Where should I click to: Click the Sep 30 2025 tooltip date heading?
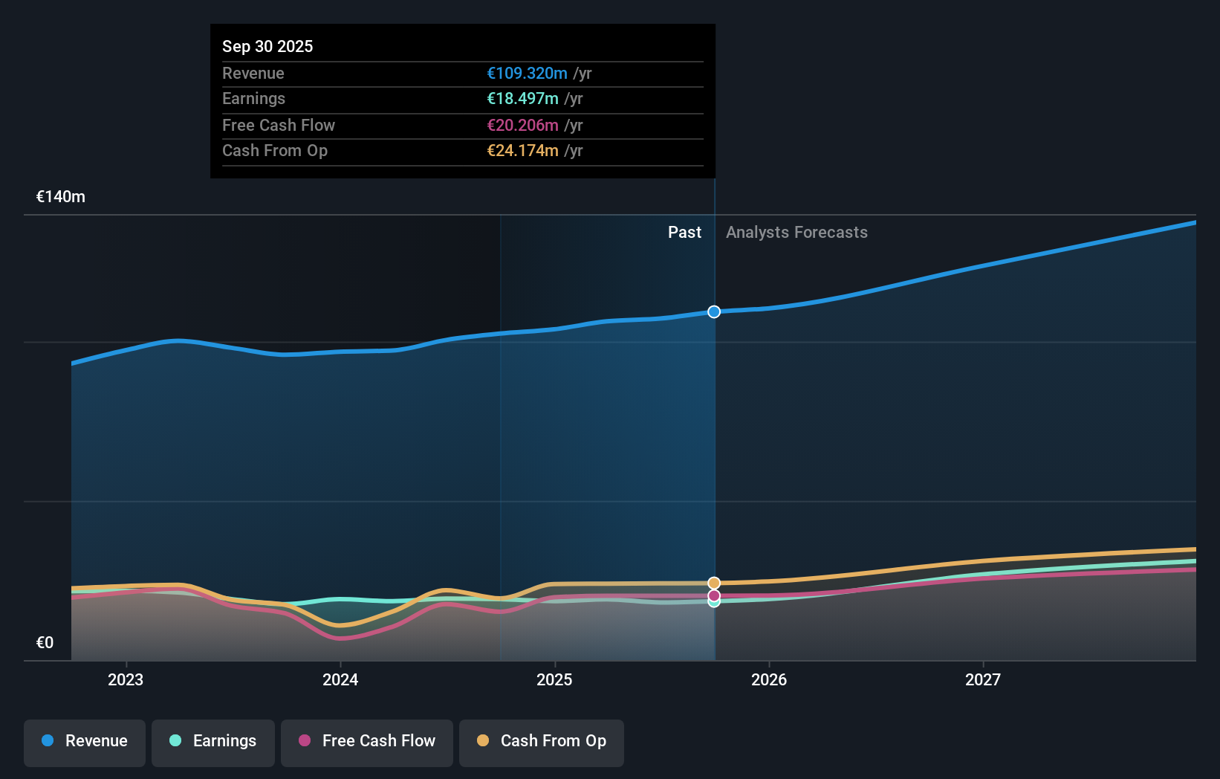coord(267,46)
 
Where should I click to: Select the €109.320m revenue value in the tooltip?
coord(527,73)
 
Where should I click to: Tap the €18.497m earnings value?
coord(522,98)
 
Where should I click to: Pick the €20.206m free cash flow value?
coord(522,125)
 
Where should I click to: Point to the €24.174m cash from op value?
coord(522,150)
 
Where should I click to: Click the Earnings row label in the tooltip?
coord(253,98)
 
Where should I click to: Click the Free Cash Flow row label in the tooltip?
coord(278,125)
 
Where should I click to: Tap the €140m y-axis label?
coord(61,196)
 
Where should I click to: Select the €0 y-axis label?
coord(45,642)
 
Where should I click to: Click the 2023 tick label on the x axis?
coord(126,679)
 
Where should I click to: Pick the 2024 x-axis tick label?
coord(340,679)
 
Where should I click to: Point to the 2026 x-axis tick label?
coord(768,679)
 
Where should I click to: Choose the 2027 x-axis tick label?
coord(982,679)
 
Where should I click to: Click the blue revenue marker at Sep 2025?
coord(714,311)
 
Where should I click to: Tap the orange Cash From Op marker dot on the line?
coord(714,583)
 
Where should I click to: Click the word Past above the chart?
coord(684,232)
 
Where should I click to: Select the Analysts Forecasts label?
coord(796,232)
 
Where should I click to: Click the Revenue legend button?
coord(85,741)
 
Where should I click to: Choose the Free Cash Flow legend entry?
coord(367,741)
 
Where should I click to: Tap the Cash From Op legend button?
coord(542,741)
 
